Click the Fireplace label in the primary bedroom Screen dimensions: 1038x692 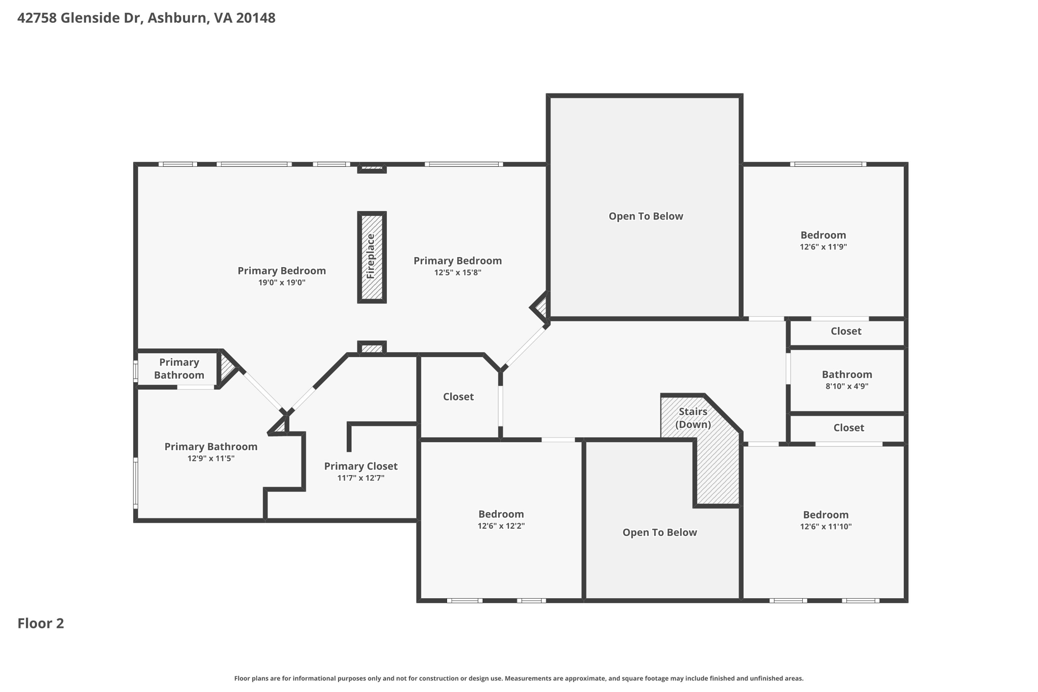[370, 256]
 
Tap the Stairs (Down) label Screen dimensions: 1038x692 [693, 418]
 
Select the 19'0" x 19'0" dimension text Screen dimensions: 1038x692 [282, 283]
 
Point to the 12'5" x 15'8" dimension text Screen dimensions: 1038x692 [458, 273]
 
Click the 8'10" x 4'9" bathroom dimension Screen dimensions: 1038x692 [847, 386]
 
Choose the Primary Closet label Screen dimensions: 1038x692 [361, 466]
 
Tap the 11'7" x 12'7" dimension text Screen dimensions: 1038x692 [361, 478]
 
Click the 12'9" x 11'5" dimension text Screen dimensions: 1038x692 [211, 459]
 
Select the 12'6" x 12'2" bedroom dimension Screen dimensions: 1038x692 [501, 526]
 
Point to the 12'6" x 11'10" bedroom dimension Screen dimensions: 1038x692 [826, 527]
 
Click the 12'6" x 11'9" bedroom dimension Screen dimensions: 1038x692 [824, 247]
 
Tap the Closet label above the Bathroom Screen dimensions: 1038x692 [846, 331]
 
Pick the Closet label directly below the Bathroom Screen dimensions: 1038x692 [849, 428]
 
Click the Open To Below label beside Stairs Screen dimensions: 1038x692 [660, 532]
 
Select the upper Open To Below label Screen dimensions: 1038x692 [646, 216]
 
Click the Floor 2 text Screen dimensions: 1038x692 [41, 624]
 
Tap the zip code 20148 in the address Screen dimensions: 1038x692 [256, 18]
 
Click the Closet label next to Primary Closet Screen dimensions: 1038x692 [458, 397]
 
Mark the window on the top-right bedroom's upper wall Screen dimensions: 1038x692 [828, 164]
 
